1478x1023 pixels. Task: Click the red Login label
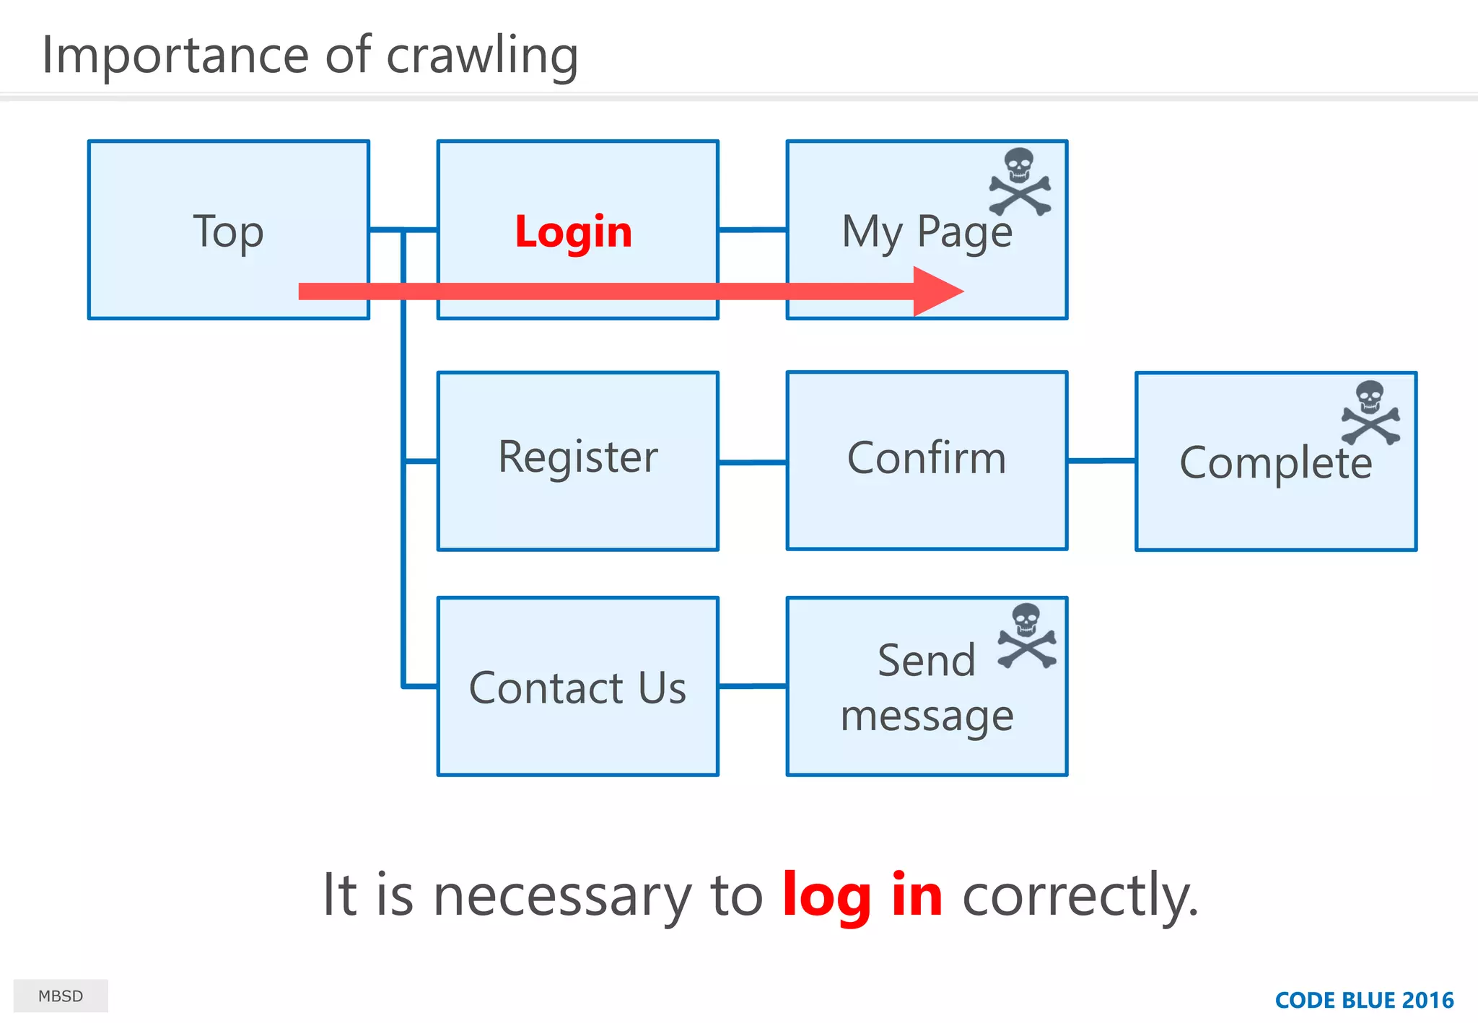point(573,232)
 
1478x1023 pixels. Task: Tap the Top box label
point(228,232)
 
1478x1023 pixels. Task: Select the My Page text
point(927,232)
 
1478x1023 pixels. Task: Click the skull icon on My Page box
point(1020,182)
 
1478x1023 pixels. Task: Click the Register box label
point(577,457)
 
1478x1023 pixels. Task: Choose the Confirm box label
point(927,458)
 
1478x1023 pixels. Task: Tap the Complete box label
point(1275,463)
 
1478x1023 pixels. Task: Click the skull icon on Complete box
point(1370,413)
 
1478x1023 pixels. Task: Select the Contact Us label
point(577,688)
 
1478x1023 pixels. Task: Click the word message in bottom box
point(927,716)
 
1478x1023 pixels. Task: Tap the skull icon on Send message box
point(1026,636)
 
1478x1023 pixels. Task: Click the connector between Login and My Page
point(752,230)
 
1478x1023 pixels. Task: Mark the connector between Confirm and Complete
point(1101,460)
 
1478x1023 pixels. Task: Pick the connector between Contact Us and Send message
point(752,686)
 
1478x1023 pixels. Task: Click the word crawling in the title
point(482,56)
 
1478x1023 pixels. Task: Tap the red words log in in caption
point(862,895)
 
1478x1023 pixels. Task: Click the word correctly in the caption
point(1080,895)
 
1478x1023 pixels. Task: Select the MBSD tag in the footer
point(61,996)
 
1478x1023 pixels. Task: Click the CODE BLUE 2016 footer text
point(1364,1001)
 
